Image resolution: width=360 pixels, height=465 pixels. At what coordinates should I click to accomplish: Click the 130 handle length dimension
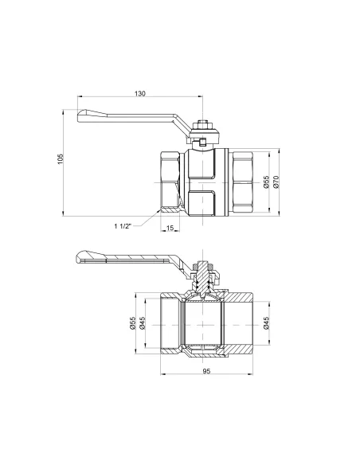tap(140, 95)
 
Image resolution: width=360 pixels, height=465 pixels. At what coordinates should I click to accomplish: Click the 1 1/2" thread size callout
tap(124, 225)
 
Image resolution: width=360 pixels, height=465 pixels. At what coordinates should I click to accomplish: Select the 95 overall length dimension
tap(205, 372)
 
